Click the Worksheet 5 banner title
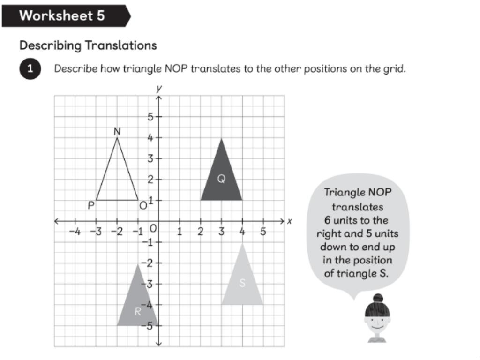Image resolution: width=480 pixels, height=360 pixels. pos(62,15)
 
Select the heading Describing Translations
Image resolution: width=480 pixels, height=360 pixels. pos(88,45)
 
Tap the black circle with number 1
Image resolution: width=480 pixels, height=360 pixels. pos(30,69)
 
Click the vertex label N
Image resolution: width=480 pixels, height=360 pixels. pos(117,132)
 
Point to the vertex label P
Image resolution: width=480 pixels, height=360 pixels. pos(91,205)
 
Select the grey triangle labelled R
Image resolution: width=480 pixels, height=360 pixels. pos(136,305)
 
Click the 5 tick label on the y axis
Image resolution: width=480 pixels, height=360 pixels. pos(150,117)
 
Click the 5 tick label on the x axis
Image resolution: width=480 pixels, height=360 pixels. pos(263,231)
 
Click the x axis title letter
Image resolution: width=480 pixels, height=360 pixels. pos(290,221)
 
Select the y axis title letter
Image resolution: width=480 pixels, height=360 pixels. pos(159,88)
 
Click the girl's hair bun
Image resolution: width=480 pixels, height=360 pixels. pos(378,298)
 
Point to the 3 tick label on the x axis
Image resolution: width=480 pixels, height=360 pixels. pos(221,231)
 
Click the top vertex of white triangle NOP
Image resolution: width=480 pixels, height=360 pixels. pos(117,138)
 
